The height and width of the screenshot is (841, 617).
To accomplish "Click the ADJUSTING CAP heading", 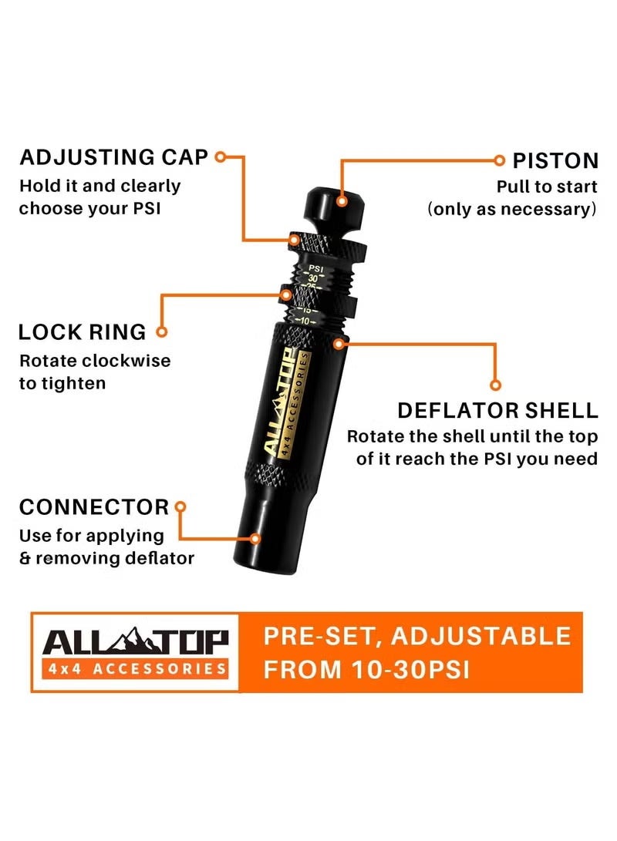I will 113,157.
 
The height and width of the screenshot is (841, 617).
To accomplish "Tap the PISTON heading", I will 555,161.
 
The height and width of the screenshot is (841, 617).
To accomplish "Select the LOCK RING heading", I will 82,332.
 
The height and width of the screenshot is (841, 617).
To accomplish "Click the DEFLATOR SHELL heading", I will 497,410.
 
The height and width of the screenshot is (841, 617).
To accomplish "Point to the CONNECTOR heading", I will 93,507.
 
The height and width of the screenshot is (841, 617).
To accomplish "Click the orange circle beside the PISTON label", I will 499,160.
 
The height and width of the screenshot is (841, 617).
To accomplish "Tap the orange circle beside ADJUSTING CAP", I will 220,157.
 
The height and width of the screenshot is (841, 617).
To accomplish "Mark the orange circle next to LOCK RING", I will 161,332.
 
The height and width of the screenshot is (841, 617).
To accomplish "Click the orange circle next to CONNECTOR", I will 181,506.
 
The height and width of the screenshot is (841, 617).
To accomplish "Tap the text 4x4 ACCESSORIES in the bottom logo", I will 135,668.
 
